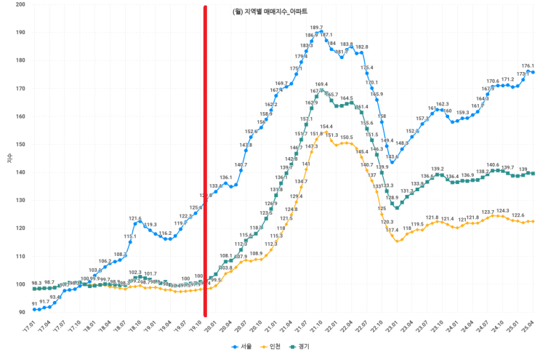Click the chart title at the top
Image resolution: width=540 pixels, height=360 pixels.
[x=270, y=12]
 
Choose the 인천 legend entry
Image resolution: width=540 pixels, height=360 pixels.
[x=273, y=347]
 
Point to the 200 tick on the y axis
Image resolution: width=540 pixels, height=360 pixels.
[x=20, y=4]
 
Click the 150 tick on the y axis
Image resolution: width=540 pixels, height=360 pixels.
[x=20, y=144]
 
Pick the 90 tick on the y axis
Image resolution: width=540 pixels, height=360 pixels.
[x=21, y=312]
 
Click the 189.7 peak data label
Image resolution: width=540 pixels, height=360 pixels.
[x=316, y=28]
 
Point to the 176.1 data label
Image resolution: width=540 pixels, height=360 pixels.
[x=528, y=65]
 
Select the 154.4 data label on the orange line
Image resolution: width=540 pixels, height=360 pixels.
[x=326, y=127]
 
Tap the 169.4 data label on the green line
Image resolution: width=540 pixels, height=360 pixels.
[x=321, y=84]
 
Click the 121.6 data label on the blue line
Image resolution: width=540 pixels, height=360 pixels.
[x=135, y=218]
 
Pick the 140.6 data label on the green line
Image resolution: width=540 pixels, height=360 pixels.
[x=493, y=165]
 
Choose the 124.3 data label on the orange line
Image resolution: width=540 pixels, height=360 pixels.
[x=503, y=210]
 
